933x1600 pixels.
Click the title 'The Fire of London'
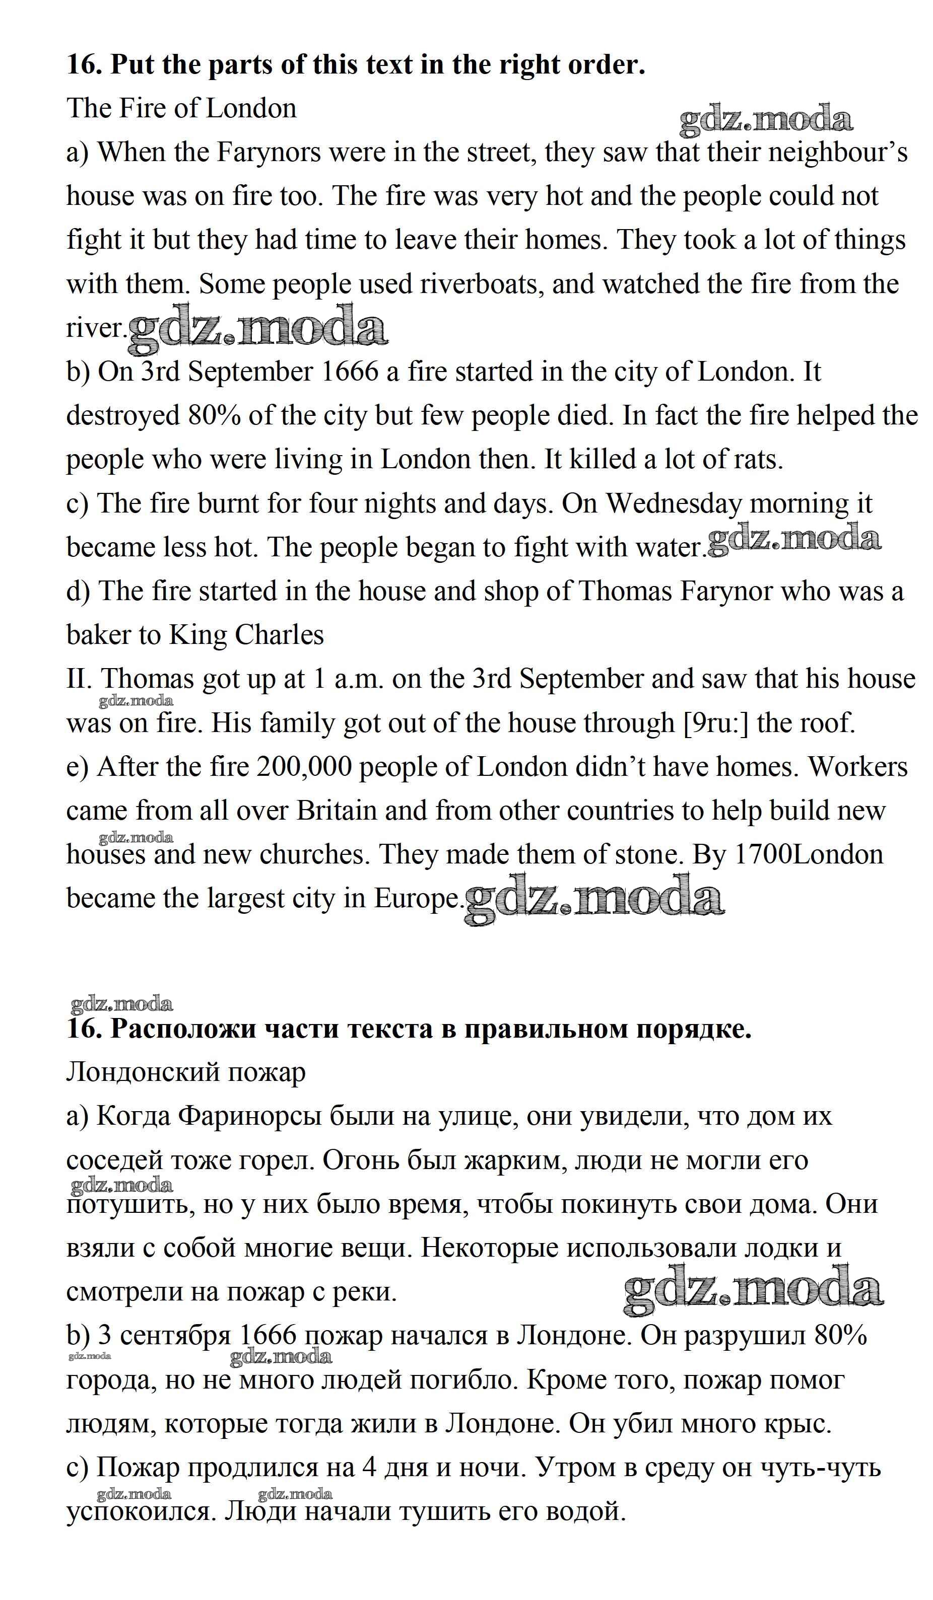(181, 109)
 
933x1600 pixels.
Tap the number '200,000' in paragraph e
(304, 767)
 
